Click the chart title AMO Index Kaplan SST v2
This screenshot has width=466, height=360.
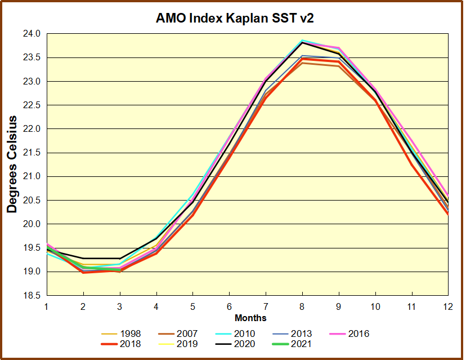coord(235,18)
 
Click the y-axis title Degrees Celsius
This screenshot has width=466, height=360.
coord(12,164)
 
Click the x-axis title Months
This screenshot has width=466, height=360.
coord(250,318)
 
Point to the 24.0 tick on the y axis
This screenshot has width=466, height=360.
coord(33,34)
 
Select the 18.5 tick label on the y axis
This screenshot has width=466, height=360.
coord(33,295)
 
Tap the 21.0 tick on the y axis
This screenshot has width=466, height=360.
coord(33,176)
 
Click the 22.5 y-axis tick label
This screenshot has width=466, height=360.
coord(33,105)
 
